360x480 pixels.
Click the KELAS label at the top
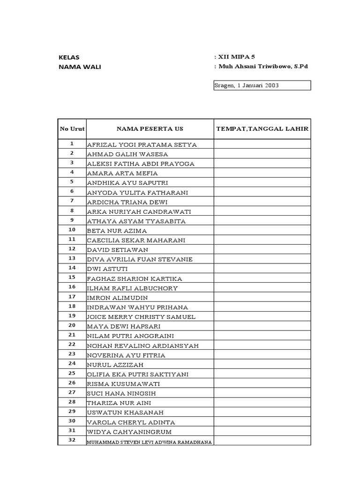[69, 57]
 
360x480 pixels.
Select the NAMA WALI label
[80, 67]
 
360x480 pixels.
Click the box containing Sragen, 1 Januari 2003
[262, 85]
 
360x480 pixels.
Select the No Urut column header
[72, 129]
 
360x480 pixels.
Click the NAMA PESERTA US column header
[150, 129]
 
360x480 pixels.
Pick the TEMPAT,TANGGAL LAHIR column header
[262, 129]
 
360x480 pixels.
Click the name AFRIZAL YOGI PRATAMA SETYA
[142, 144]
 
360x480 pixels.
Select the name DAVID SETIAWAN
[118, 250]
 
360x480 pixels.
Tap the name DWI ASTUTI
[107, 269]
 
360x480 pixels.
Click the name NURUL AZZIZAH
[115, 365]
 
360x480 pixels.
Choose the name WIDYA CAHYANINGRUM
[129, 432]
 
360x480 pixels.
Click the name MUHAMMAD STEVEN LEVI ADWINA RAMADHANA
[150, 442]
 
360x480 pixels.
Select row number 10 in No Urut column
[72, 230]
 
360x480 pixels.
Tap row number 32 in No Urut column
[72, 441]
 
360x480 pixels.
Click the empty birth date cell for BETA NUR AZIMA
[262, 231]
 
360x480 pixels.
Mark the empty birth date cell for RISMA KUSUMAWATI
[262, 384]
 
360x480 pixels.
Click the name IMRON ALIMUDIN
[117, 298]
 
